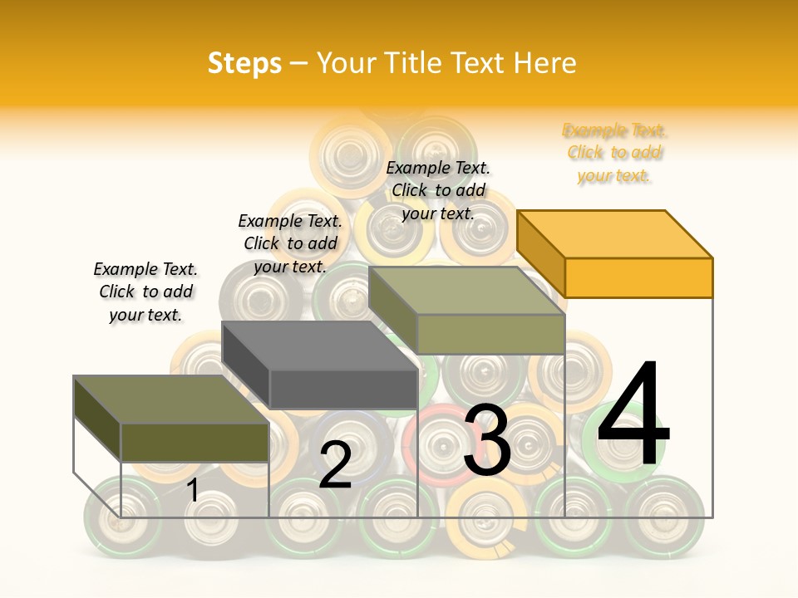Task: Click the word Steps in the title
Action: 244,63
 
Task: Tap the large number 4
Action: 633,415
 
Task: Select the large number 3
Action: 487,440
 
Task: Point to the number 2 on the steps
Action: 336,465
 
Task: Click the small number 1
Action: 193,490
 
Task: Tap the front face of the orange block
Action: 638,277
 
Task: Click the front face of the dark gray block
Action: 343,389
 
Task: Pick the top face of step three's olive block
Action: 465,291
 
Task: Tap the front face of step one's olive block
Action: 195,442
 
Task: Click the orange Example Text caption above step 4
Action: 614,153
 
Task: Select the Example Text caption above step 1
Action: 145,292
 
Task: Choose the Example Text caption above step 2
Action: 290,243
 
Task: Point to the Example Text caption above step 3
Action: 438,190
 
